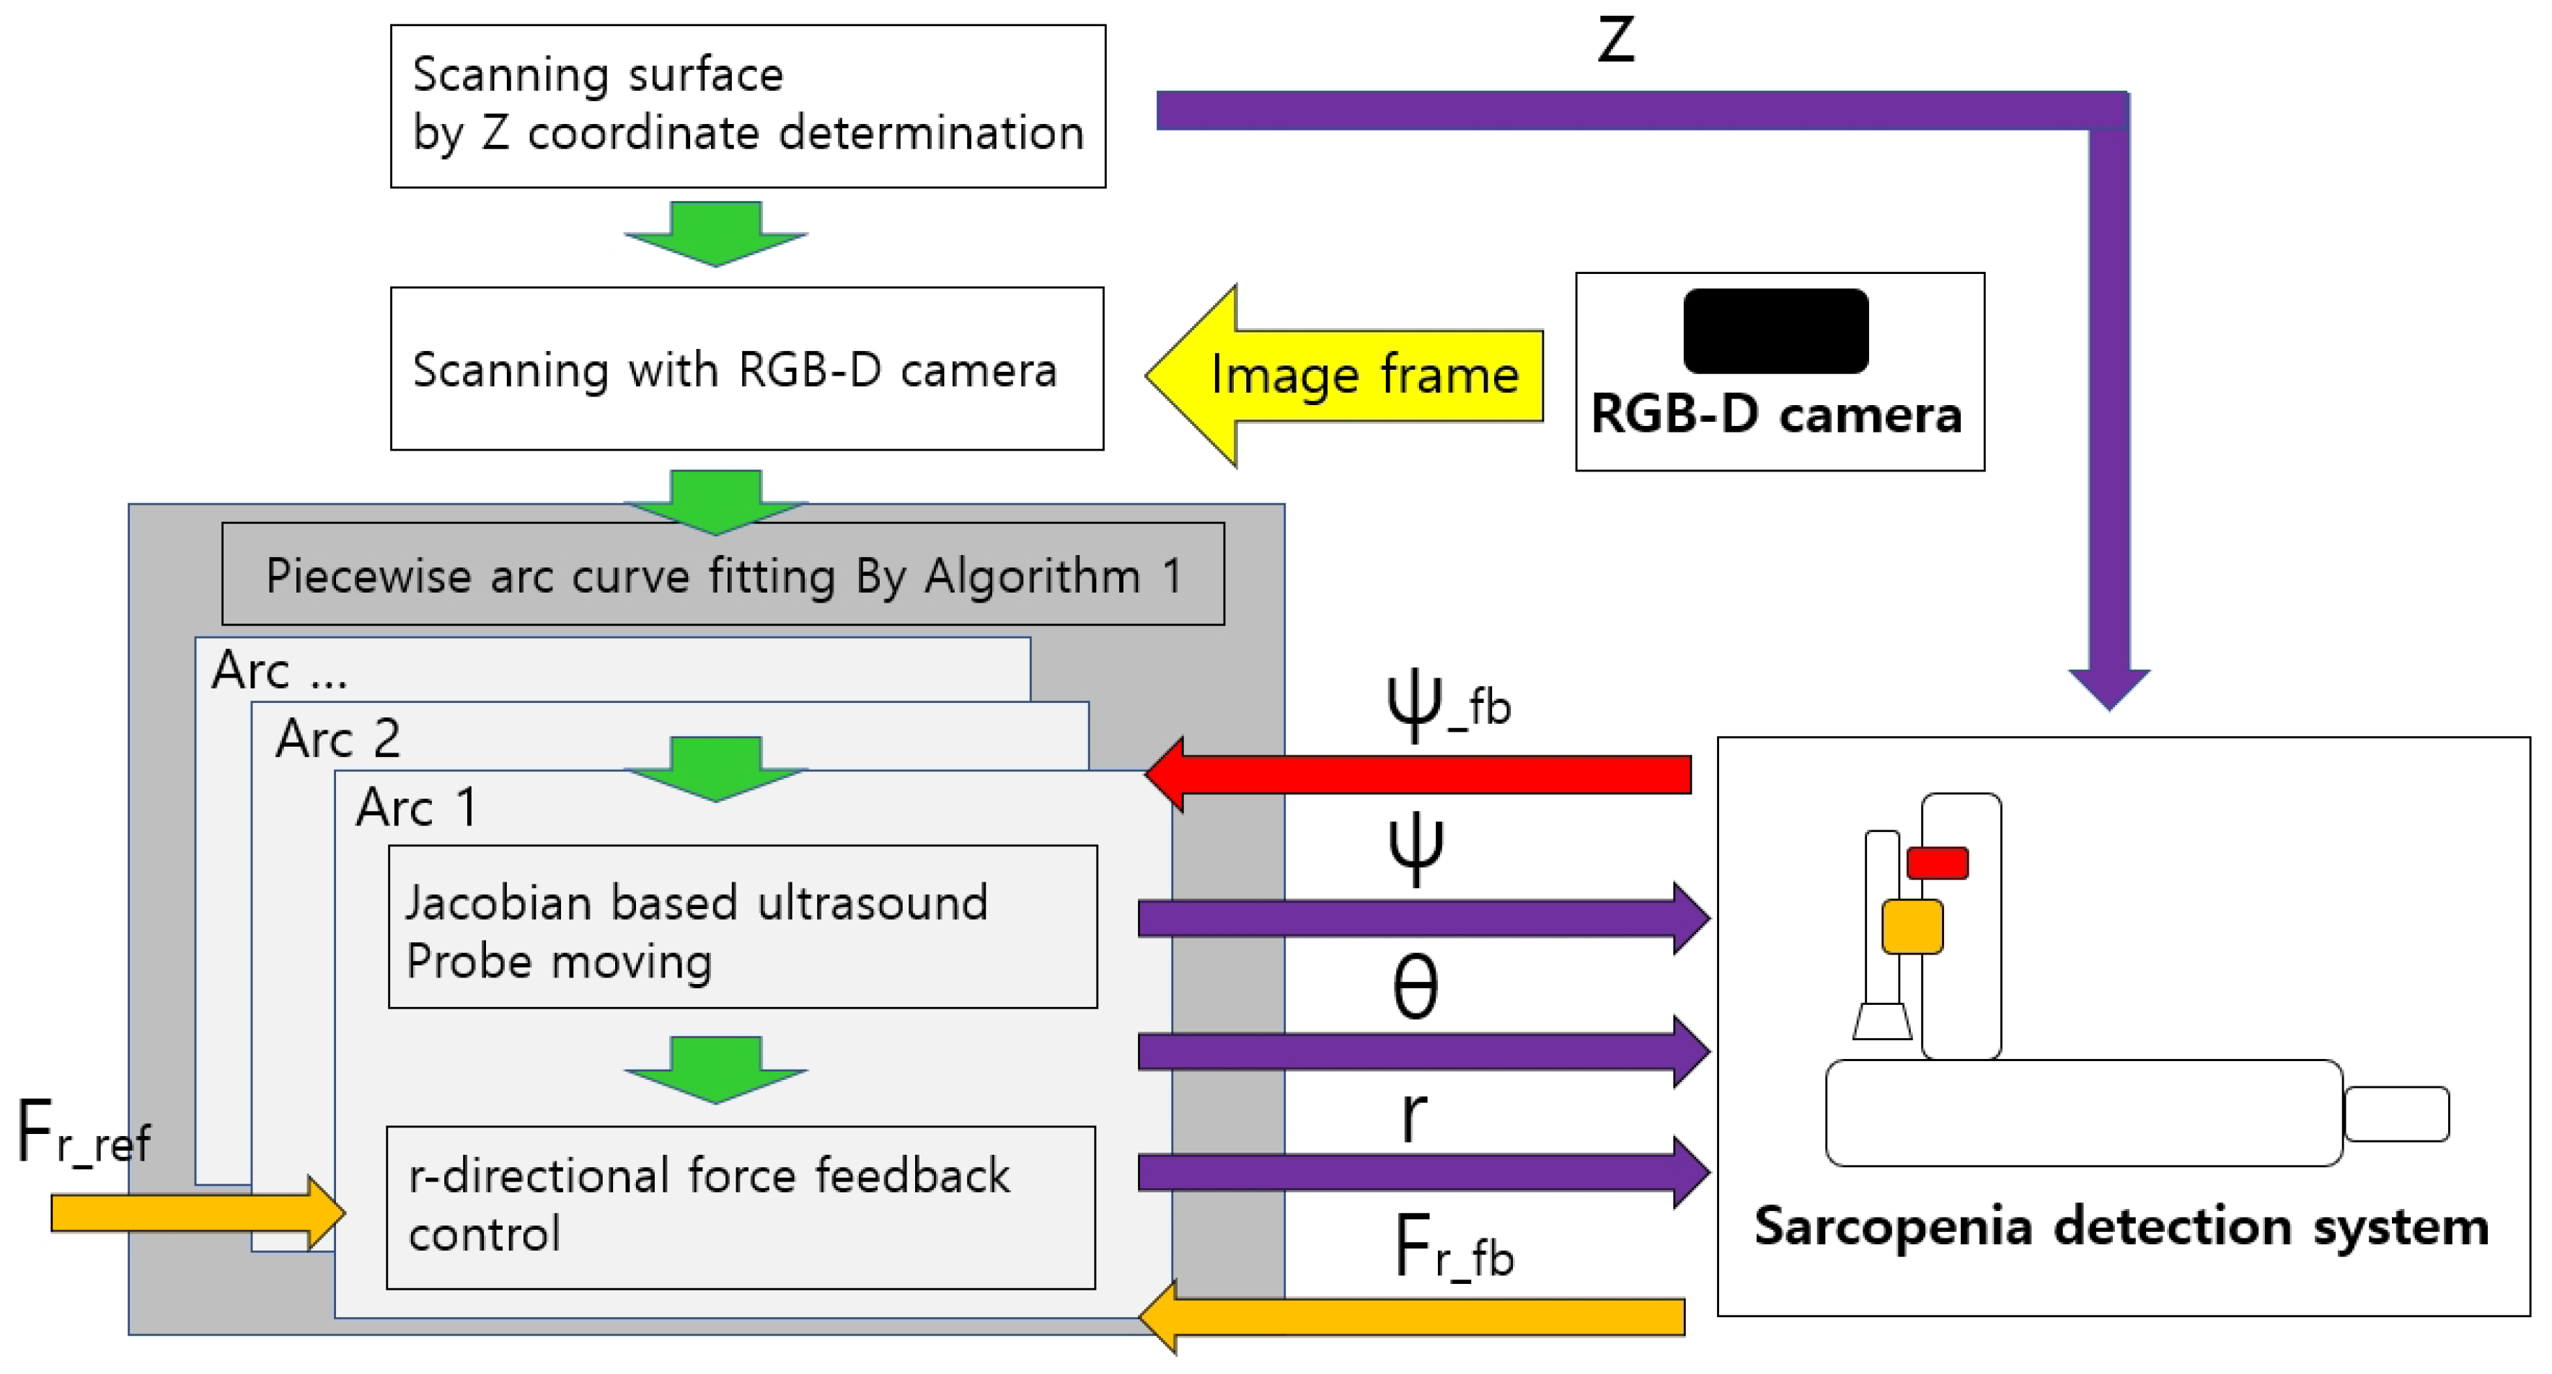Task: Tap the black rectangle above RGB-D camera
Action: [1775, 331]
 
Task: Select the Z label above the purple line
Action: [1615, 42]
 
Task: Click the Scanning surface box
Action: [748, 106]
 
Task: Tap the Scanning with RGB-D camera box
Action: [747, 368]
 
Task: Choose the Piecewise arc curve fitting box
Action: [723, 575]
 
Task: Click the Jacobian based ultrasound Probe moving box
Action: [742, 927]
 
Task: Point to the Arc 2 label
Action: [337, 739]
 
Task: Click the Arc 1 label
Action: [417, 807]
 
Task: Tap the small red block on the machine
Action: [1937, 862]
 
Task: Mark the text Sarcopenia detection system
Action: [2121, 1226]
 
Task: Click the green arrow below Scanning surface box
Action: [715, 234]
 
